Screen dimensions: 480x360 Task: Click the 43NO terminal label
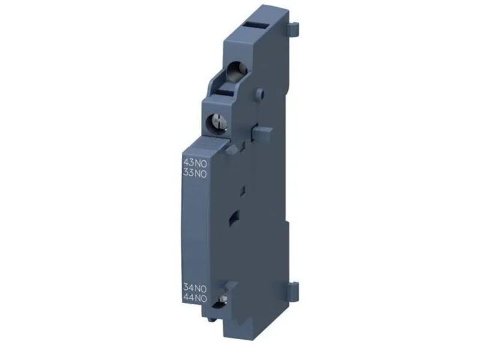(194, 163)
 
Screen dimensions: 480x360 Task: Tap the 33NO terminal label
(194, 173)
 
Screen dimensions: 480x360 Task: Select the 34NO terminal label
(194, 289)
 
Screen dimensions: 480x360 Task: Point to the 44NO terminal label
(194, 298)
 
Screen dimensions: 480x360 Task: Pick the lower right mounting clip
(293, 289)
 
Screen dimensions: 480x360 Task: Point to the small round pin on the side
(260, 93)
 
